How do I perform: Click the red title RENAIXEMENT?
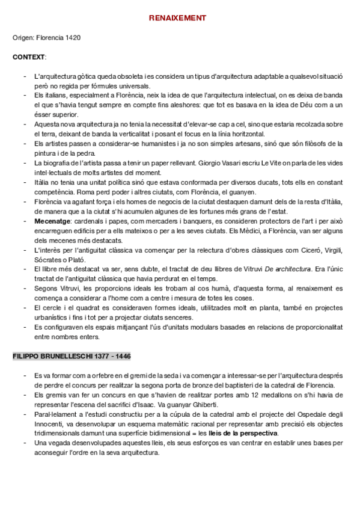177,19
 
